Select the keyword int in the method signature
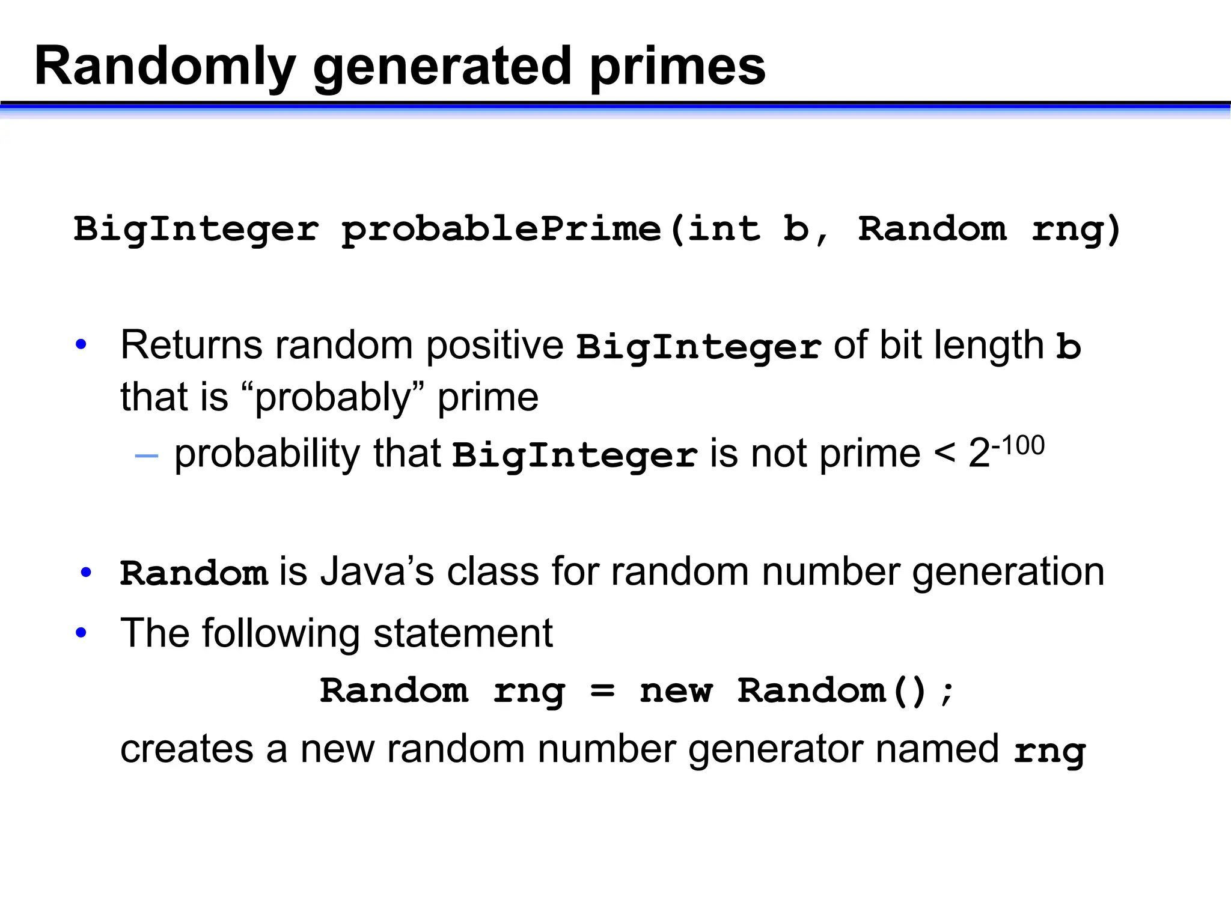coord(723,229)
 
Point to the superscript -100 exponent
coord(1018,446)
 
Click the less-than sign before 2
coord(944,453)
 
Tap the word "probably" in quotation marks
coord(332,398)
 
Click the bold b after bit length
coord(1068,347)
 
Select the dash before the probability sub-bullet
coord(147,456)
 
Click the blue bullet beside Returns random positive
coord(81,345)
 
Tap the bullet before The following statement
coord(81,633)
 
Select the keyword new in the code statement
coord(676,691)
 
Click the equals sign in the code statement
coord(602,692)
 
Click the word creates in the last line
coord(187,749)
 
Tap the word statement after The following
coord(462,633)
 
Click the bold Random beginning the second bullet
coord(194,573)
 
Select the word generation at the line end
coord(1008,571)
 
